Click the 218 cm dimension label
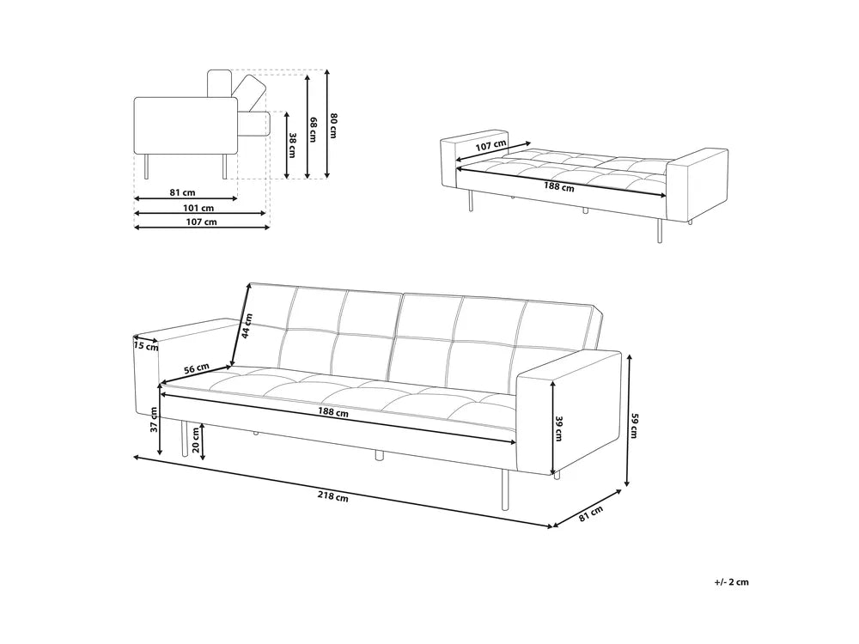click(x=332, y=496)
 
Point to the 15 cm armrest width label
click(x=146, y=347)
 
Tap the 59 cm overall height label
click(x=636, y=427)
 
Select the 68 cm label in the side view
click(x=314, y=129)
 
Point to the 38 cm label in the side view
click(x=292, y=144)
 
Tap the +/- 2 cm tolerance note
click(x=732, y=582)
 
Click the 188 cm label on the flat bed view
click(x=558, y=187)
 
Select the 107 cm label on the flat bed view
click(x=490, y=146)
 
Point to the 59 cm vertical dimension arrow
click(x=629, y=421)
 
